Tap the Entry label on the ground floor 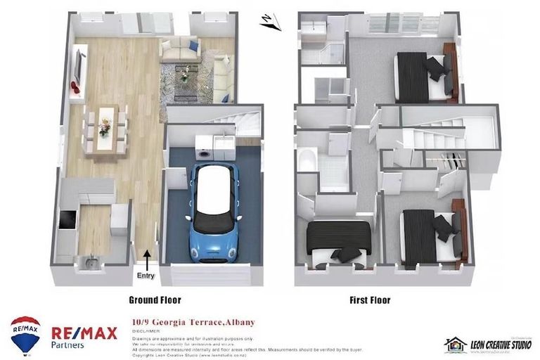146,276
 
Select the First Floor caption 370,300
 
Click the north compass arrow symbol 269,22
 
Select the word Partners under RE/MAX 67,345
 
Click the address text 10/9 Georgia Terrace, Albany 193,323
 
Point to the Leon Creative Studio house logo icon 455,345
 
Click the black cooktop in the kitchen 66,221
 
